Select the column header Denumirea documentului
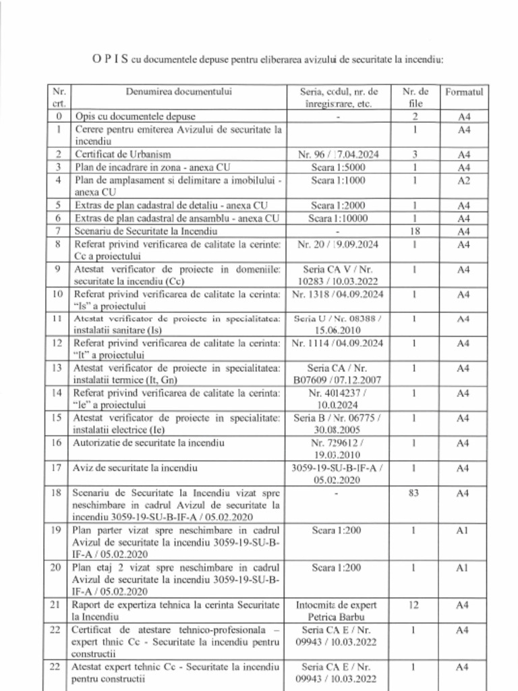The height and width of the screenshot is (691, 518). (x=178, y=91)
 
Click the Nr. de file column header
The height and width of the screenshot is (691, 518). (x=415, y=97)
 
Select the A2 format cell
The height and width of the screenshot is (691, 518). (x=463, y=180)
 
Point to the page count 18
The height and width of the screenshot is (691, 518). (x=415, y=231)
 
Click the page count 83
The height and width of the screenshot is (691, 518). (x=415, y=493)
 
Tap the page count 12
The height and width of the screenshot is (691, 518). (x=415, y=605)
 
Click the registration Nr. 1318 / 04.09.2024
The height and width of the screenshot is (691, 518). (x=337, y=294)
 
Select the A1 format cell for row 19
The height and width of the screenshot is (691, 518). (x=463, y=530)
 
